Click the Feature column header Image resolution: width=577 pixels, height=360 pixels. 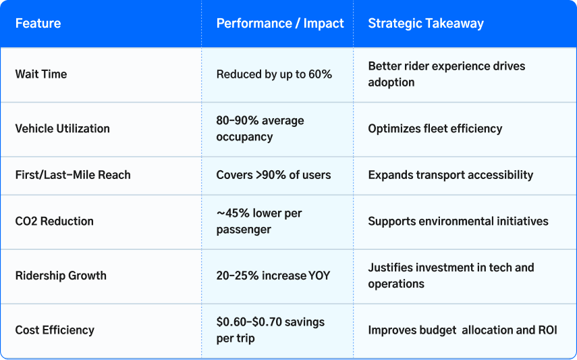pos(38,24)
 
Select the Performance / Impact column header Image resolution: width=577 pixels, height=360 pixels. pos(280,24)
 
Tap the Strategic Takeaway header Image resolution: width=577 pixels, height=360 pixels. pos(426,24)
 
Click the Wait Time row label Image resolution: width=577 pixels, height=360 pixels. pos(41,74)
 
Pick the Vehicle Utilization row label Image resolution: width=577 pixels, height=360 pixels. pos(62,128)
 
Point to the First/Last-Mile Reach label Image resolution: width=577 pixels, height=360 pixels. pos(73,175)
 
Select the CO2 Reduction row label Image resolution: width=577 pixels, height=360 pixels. pos(54,222)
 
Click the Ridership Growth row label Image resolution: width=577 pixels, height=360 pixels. pos(61,276)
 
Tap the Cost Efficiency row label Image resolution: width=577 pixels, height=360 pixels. pos(55,330)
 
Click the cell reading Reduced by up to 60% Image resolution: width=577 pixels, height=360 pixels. pos(274,74)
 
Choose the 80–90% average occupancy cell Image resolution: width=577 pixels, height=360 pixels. pos(260,128)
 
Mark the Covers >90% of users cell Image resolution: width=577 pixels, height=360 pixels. pos(273,175)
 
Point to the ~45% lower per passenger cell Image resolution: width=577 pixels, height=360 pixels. pos(259,222)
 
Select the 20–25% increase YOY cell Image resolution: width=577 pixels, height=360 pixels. pos(273,276)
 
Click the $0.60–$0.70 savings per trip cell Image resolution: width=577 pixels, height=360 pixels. pos(270,330)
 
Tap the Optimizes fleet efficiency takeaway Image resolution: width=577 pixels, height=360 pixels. pos(435,128)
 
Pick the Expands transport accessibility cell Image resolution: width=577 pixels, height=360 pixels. pos(451,175)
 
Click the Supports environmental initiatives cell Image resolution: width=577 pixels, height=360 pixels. pos(458,222)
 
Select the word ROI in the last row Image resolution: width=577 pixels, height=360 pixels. pos(547,330)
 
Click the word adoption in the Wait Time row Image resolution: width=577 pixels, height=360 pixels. pos(391,82)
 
